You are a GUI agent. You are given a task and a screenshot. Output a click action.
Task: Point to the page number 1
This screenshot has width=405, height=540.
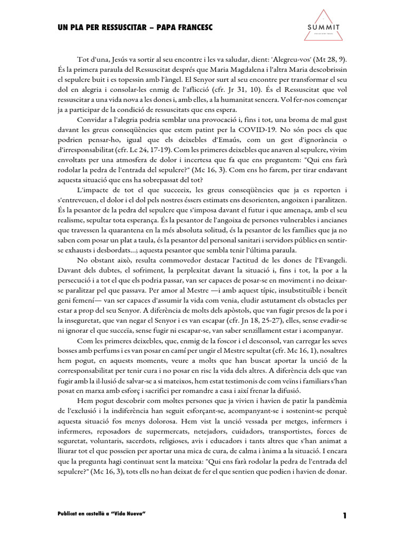344,515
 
